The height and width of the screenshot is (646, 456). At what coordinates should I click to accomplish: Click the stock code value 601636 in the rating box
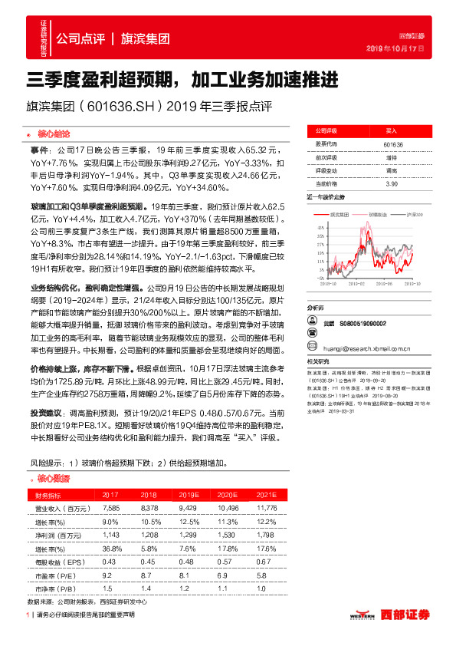point(393,144)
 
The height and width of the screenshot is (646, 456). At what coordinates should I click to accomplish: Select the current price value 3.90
point(392,184)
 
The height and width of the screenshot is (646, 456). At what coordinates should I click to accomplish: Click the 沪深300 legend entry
point(396,216)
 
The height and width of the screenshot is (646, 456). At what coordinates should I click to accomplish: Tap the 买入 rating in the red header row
point(392,131)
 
